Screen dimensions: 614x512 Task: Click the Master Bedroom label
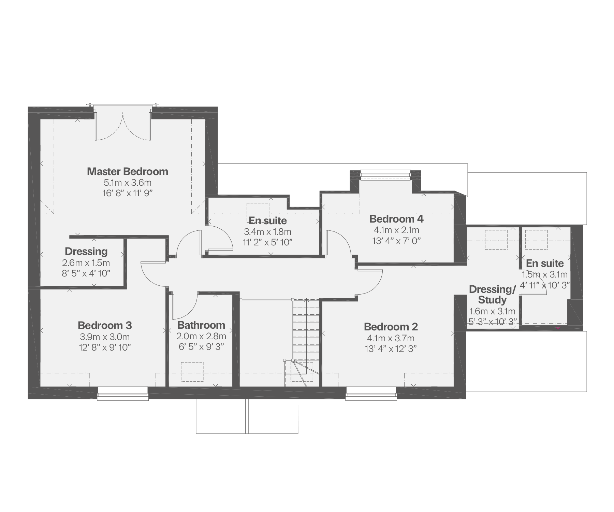pos(128,171)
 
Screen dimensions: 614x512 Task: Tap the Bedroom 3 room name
pos(105,325)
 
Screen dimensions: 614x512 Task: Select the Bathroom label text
pos(201,325)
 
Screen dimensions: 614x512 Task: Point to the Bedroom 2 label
pos(391,327)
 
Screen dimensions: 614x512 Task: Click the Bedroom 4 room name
pos(396,218)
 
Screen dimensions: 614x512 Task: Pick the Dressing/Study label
pos(492,295)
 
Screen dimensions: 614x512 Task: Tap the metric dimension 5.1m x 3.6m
pos(128,183)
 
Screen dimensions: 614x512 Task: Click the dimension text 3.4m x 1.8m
pos(268,232)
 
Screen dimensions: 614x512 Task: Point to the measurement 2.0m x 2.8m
pos(201,336)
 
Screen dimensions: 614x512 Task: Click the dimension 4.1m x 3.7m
pos(391,338)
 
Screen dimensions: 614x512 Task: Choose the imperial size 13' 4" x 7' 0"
pos(396,241)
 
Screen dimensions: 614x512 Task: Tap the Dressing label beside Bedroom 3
pos(86,252)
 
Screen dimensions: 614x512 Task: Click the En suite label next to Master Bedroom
pos(268,221)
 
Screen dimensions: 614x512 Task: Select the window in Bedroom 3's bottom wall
pos(123,393)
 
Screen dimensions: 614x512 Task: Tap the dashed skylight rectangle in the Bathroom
pos(192,372)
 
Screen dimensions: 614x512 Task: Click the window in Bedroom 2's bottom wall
pos(371,393)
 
